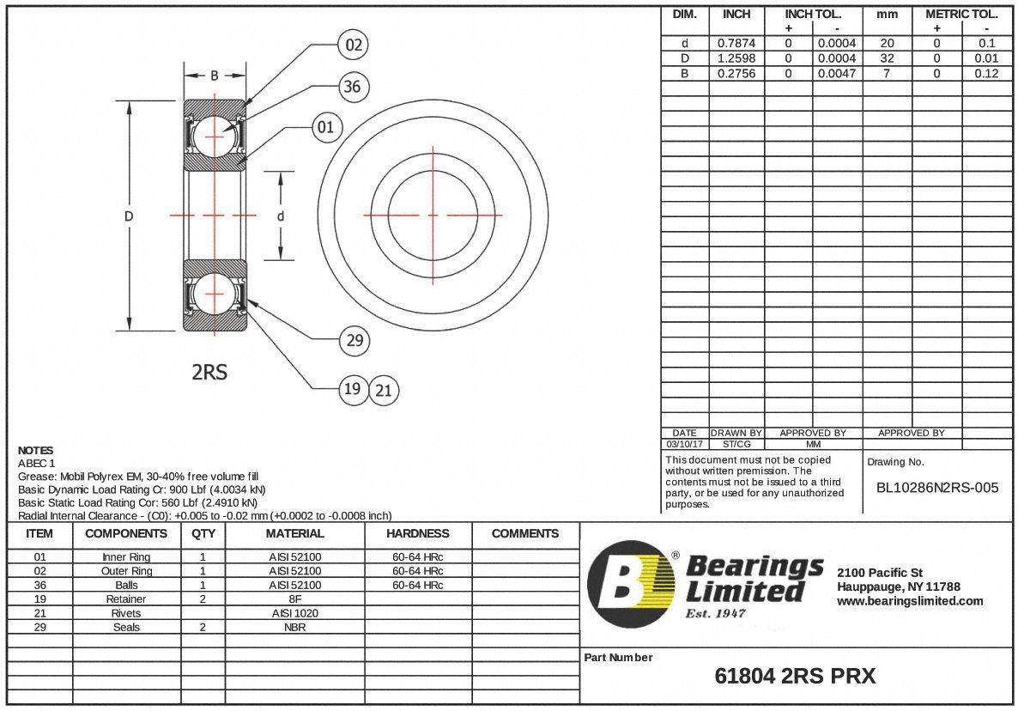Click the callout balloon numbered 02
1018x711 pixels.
[354, 46]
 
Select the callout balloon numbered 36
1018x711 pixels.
[351, 87]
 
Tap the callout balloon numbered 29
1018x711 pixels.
[354, 341]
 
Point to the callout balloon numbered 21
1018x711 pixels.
[384, 391]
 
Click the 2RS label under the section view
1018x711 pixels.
[209, 373]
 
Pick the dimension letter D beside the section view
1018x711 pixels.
[129, 216]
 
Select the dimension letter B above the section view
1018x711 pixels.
[215, 76]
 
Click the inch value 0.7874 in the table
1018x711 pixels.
[736, 43]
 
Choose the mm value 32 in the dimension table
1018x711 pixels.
[887, 58]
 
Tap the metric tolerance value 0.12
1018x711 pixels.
[986, 74]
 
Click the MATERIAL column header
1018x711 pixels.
[294, 533]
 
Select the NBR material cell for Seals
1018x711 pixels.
[294, 627]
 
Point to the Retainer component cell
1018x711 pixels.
[126, 599]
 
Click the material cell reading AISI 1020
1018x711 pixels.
[294, 613]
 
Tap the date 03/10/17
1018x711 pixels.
[684, 444]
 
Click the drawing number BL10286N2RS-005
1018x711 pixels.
[936, 488]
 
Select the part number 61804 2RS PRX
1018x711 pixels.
[795, 677]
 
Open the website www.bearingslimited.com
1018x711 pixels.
[910, 601]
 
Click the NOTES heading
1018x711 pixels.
[35, 450]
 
